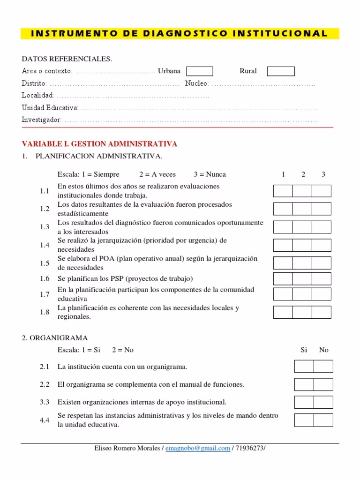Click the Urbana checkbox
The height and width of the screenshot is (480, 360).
(200, 71)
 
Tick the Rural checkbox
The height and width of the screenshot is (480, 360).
(281, 71)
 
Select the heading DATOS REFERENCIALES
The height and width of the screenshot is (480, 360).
(67, 59)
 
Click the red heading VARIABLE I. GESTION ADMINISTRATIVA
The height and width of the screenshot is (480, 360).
(99, 143)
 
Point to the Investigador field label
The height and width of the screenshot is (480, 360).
(42, 120)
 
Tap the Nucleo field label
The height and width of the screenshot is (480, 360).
(196, 83)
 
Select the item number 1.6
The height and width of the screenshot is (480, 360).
(45, 278)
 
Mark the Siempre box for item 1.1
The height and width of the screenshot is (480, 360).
(283, 191)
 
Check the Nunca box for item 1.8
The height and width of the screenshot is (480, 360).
(322, 312)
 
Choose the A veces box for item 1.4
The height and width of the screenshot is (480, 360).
(302, 245)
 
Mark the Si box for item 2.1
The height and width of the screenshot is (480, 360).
(304, 367)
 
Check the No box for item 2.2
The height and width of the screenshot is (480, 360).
(323, 384)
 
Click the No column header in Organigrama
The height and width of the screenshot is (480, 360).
(324, 350)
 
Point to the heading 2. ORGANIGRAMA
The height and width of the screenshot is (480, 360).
(54, 338)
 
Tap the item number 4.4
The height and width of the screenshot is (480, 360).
(45, 420)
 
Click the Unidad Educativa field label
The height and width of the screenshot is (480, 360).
(50, 108)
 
